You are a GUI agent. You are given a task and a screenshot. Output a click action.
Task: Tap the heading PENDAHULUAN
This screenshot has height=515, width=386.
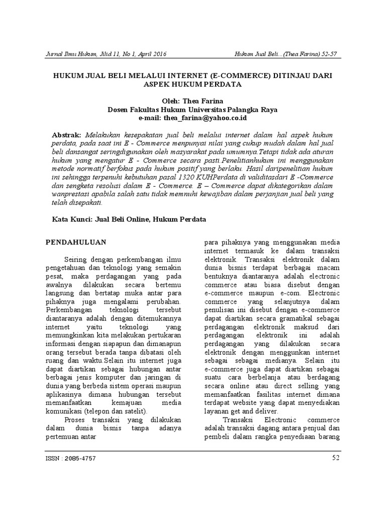76,242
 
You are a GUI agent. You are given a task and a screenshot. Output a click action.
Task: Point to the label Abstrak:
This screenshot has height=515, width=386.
67,136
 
